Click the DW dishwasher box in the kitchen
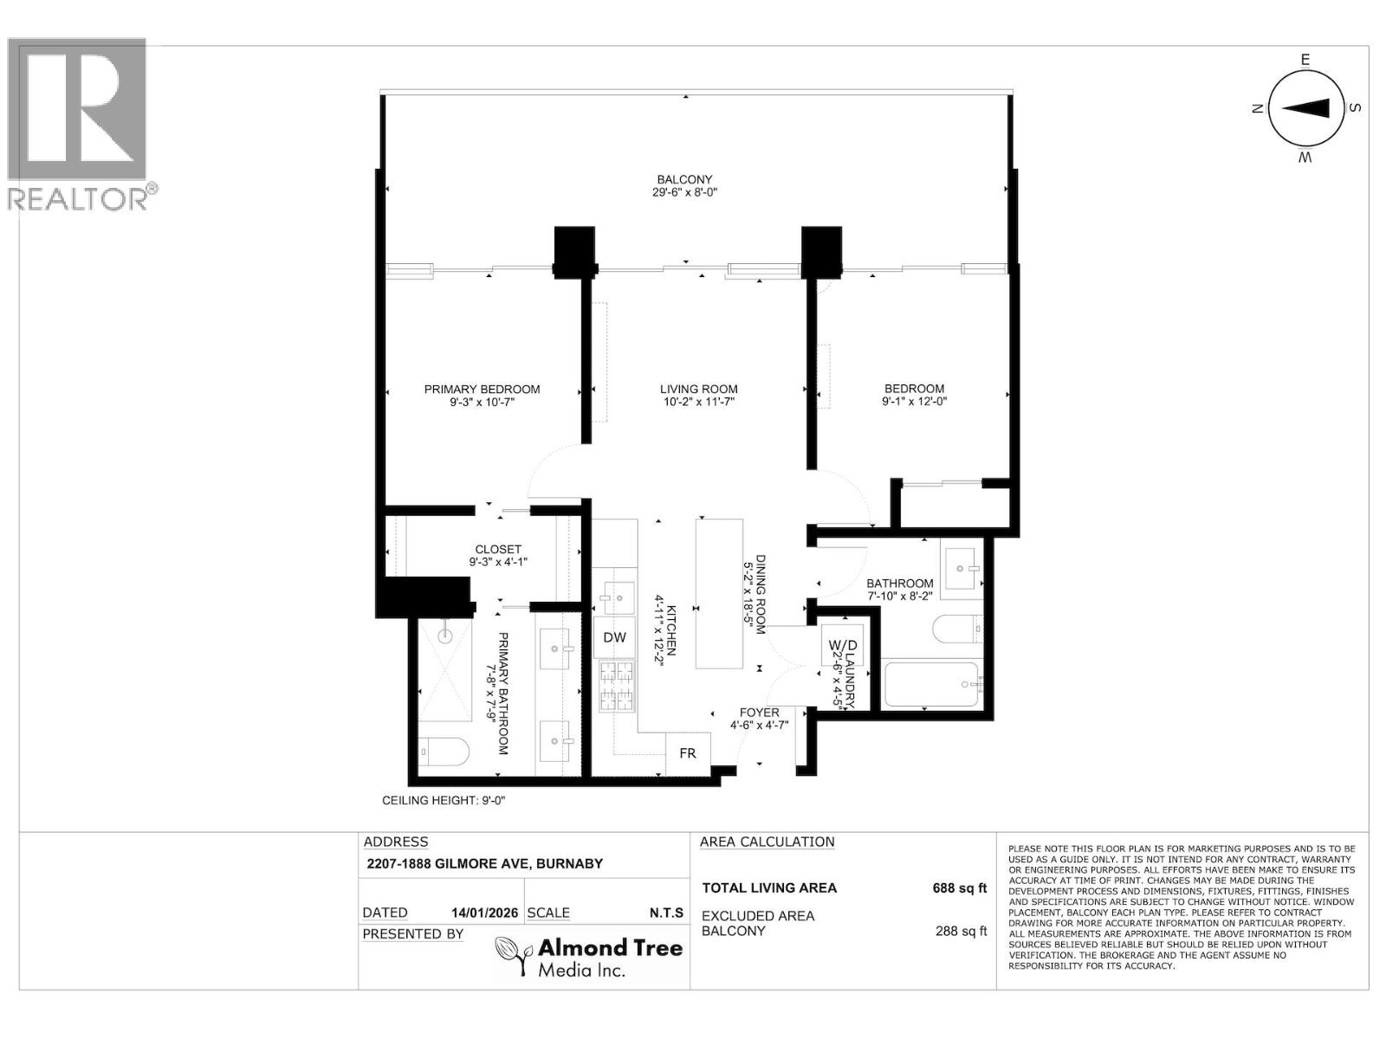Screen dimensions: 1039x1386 coord(614,638)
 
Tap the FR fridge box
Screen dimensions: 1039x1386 coord(687,753)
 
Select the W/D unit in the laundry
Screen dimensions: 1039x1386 coord(842,646)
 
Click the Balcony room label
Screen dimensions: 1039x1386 coord(684,179)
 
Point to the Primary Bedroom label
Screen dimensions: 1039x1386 coord(482,389)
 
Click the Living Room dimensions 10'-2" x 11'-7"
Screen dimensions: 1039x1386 coord(698,402)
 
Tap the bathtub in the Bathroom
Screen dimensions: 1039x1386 coord(932,685)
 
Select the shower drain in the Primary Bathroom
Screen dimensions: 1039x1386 coord(445,636)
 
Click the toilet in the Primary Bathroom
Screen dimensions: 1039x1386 coord(444,752)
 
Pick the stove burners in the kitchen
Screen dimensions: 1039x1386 coord(614,686)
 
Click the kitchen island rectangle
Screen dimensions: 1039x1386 coord(720,594)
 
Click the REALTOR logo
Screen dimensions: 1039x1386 coord(80,121)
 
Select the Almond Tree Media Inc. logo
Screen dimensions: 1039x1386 coord(589,957)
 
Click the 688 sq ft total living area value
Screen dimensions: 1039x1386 coord(959,887)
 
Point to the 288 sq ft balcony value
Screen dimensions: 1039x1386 coord(961,931)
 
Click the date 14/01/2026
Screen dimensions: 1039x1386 coord(484,913)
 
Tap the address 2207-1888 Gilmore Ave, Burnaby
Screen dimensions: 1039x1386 coord(484,863)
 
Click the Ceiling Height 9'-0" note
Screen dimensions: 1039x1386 coord(444,800)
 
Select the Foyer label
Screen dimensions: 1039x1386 coord(759,713)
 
